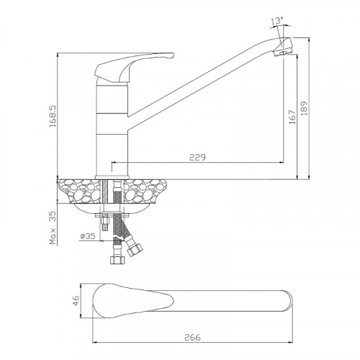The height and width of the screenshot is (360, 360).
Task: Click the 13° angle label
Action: pyautogui.click(x=277, y=21)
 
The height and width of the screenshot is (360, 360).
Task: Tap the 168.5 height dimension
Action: pyautogui.click(x=53, y=116)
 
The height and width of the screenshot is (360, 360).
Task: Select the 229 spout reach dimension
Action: pyautogui.click(x=197, y=157)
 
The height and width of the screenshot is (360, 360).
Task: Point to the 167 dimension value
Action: pyautogui.click(x=292, y=117)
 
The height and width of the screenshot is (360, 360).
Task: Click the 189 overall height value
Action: pyautogui.click(x=304, y=109)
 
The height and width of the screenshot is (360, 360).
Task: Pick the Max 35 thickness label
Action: pyautogui.click(x=53, y=228)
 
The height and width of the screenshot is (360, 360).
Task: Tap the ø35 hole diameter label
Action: pyautogui.click(x=88, y=236)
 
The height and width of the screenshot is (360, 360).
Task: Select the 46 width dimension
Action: pyautogui.click(x=76, y=300)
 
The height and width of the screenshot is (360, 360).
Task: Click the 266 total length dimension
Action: pyautogui.click(x=192, y=337)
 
